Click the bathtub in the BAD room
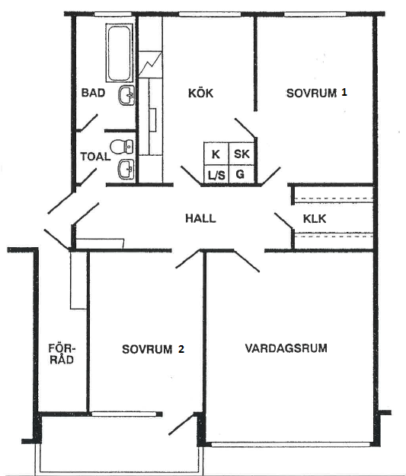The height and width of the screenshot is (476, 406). pyautogui.click(x=120, y=52)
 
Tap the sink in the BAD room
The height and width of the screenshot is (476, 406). pyautogui.click(x=126, y=95)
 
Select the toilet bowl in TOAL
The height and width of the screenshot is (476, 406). pyautogui.click(x=121, y=147)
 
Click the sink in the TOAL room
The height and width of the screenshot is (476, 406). pyautogui.click(x=126, y=169)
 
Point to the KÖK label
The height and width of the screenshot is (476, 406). pyautogui.click(x=201, y=93)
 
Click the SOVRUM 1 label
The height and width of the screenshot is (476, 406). pyautogui.click(x=317, y=93)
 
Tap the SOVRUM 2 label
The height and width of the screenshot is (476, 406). pyautogui.click(x=153, y=349)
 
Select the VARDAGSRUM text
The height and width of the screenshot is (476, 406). pyautogui.click(x=286, y=348)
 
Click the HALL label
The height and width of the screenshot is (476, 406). pyautogui.click(x=201, y=218)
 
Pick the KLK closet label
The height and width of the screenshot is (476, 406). pyautogui.click(x=315, y=218)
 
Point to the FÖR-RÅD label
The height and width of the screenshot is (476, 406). pyautogui.click(x=62, y=354)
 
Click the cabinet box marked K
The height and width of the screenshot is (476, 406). pyautogui.click(x=216, y=154)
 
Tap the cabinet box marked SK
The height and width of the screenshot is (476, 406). pyautogui.click(x=241, y=154)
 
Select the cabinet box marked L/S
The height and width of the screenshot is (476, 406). pyautogui.click(x=216, y=175)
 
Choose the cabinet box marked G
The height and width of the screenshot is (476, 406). pyautogui.click(x=241, y=175)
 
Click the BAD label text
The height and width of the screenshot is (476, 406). pyautogui.click(x=93, y=93)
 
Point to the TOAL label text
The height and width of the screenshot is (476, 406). pyautogui.click(x=95, y=157)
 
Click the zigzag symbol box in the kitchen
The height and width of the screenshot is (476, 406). pyautogui.click(x=150, y=65)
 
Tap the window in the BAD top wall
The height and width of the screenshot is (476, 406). pyautogui.click(x=113, y=14)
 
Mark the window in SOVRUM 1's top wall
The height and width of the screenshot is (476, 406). pyautogui.click(x=315, y=14)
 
